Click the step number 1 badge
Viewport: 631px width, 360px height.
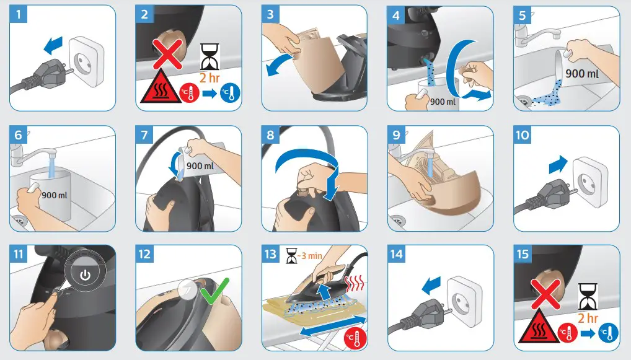(x=18, y=14)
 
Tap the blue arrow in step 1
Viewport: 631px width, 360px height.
(x=53, y=45)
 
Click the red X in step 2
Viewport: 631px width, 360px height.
(x=167, y=53)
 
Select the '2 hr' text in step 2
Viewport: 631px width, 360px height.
(x=210, y=77)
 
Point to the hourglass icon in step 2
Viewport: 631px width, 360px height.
(x=210, y=57)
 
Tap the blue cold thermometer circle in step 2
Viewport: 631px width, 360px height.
(x=230, y=94)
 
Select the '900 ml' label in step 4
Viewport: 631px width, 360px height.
(x=443, y=102)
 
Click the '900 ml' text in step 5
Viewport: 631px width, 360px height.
(x=582, y=74)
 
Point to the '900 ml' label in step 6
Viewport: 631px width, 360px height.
(x=55, y=195)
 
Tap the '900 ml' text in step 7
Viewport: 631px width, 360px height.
(x=200, y=165)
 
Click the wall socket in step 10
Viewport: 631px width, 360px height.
(x=589, y=181)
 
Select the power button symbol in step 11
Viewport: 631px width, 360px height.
(x=86, y=275)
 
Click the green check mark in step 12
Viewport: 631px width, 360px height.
(x=214, y=291)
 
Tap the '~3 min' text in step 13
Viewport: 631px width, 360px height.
(x=309, y=255)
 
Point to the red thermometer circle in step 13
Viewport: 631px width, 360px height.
(x=355, y=339)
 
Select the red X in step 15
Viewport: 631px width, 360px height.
(x=546, y=294)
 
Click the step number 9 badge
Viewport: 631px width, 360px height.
(x=396, y=134)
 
